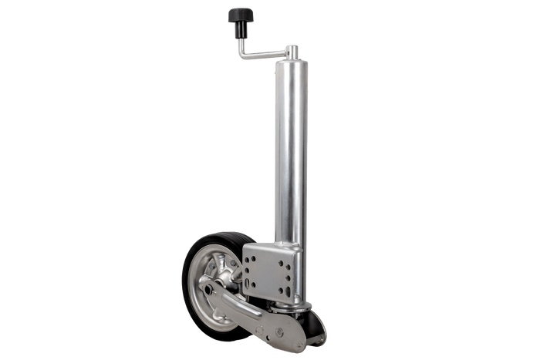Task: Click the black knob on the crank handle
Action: point(240,13)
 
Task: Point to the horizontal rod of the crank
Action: point(262,56)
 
